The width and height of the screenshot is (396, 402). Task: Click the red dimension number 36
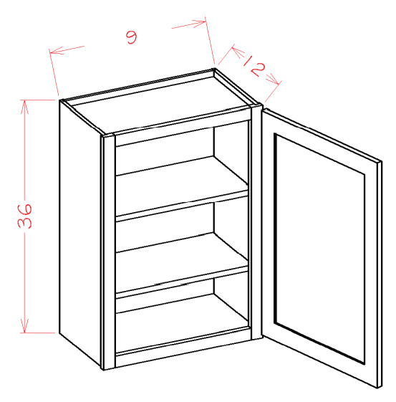tap(25, 216)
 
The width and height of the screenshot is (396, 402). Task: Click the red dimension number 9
tap(132, 37)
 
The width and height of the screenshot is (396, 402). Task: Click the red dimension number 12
tap(253, 65)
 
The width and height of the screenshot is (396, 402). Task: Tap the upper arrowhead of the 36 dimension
tap(24, 106)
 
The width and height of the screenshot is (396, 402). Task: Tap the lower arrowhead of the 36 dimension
tap(24, 326)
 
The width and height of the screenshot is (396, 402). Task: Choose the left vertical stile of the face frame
tap(109, 252)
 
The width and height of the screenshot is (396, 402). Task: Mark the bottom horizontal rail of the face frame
tap(183, 353)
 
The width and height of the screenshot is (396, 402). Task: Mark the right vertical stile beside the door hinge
tap(256, 221)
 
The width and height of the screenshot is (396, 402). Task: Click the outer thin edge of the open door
tap(380, 274)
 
